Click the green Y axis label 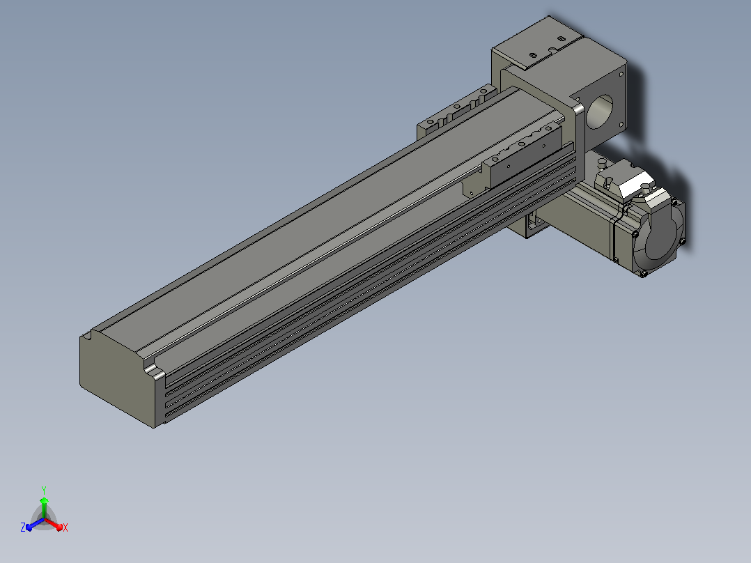[x=44, y=490]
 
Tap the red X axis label [x=65, y=527]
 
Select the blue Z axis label [x=23, y=527]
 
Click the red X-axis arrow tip [x=61, y=528]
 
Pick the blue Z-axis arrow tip [x=29, y=527]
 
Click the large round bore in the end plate [x=599, y=111]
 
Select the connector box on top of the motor [x=624, y=181]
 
